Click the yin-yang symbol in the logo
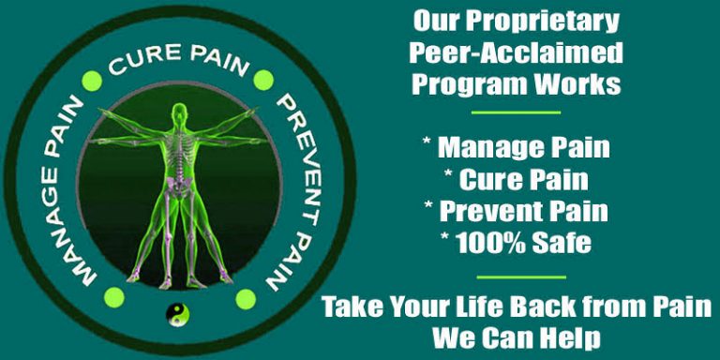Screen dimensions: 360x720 174,315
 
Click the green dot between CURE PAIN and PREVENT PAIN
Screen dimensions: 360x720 263,80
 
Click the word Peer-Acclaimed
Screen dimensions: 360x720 517,52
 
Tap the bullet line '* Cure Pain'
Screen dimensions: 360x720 517,179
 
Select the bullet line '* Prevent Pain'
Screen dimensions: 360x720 517,211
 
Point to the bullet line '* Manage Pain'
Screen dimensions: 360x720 517,147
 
